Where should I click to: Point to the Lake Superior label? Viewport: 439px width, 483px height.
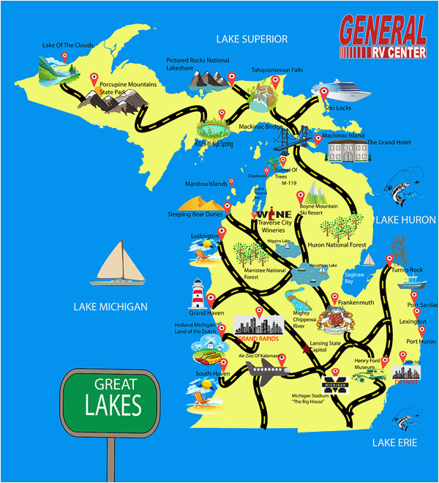pyautogui.click(x=251, y=39)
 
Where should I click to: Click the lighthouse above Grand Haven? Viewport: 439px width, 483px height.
pyautogui.click(x=198, y=295)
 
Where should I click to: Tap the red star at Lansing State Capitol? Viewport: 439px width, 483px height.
pyautogui.click(x=306, y=351)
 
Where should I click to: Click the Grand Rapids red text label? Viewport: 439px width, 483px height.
pyautogui.click(x=258, y=339)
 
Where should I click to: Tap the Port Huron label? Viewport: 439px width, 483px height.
pyautogui.click(x=421, y=341)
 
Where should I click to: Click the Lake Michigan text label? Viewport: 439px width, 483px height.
pyautogui.click(x=110, y=307)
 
